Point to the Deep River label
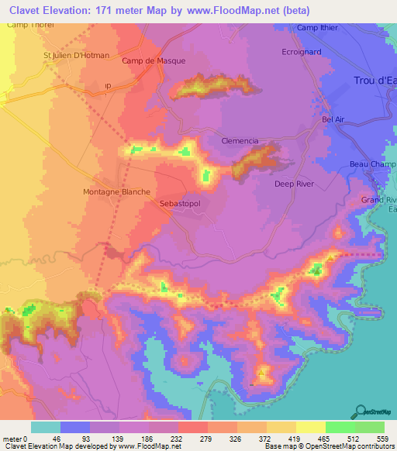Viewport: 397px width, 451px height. click(294, 184)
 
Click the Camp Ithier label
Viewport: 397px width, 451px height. click(318, 28)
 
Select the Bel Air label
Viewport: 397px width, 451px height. click(333, 120)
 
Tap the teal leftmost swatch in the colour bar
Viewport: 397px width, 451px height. click(46, 427)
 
